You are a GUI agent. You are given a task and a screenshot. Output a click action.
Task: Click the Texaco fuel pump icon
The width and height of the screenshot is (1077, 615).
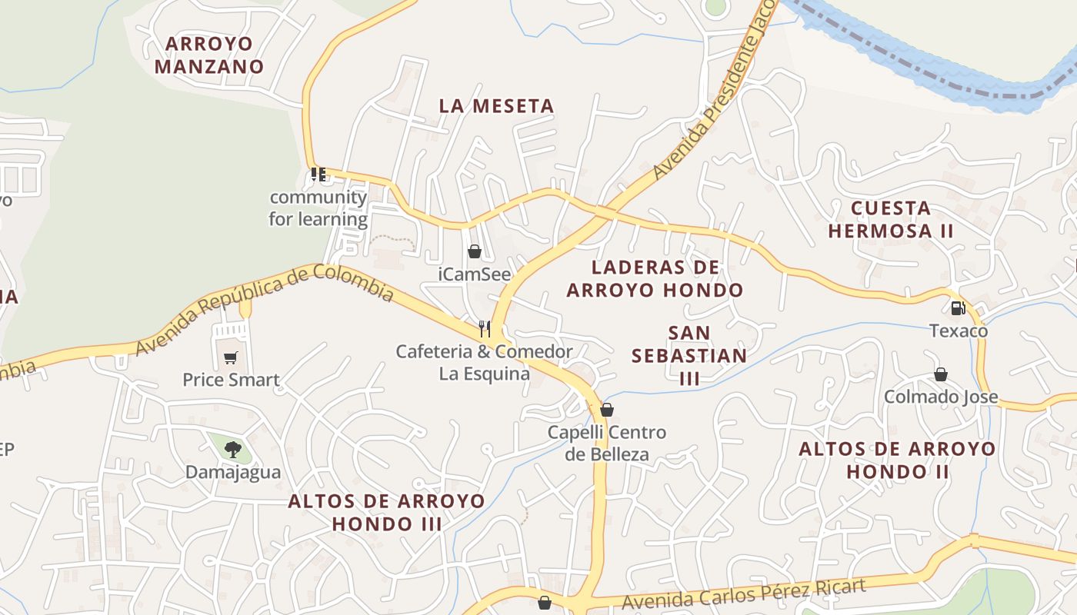pos(958,308)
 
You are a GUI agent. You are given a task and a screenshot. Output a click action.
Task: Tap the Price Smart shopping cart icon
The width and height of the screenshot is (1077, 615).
pos(231,357)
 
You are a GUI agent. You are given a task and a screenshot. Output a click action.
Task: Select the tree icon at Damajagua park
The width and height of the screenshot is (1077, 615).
pos(232,449)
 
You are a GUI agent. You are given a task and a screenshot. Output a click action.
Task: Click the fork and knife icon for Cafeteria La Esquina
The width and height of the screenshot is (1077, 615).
pos(485,329)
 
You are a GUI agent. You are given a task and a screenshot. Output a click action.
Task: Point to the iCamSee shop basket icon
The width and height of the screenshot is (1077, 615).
pos(475,251)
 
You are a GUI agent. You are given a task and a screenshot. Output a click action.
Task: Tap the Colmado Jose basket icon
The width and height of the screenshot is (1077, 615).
pos(940,374)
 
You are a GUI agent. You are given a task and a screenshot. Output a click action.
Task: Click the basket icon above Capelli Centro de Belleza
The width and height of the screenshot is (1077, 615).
pos(606,410)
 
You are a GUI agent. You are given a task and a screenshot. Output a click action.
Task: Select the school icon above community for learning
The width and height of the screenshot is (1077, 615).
pos(318,175)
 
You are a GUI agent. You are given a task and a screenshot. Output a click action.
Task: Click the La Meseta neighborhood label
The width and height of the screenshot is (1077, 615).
pos(496,106)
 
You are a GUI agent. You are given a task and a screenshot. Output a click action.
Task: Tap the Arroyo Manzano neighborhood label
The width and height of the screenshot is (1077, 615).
pos(209,55)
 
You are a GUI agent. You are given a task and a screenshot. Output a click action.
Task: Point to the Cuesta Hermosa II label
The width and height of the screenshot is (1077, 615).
pos(891,219)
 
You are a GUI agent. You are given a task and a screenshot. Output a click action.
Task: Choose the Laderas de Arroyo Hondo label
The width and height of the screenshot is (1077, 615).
pos(655,278)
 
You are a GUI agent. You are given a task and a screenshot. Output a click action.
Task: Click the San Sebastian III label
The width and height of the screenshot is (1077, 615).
pos(689,355)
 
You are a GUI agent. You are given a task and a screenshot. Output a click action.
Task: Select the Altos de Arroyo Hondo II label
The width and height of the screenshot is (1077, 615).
pos(897,460)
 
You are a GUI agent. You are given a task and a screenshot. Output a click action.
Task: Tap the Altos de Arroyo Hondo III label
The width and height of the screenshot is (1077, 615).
pos(386,513)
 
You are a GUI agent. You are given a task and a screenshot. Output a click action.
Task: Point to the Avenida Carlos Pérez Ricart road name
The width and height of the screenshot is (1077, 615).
pos(744,594)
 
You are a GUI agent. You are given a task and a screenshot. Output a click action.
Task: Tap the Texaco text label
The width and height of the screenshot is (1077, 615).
pos(959,331)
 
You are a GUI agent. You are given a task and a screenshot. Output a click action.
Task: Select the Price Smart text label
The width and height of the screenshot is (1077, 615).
pos(231,380)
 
